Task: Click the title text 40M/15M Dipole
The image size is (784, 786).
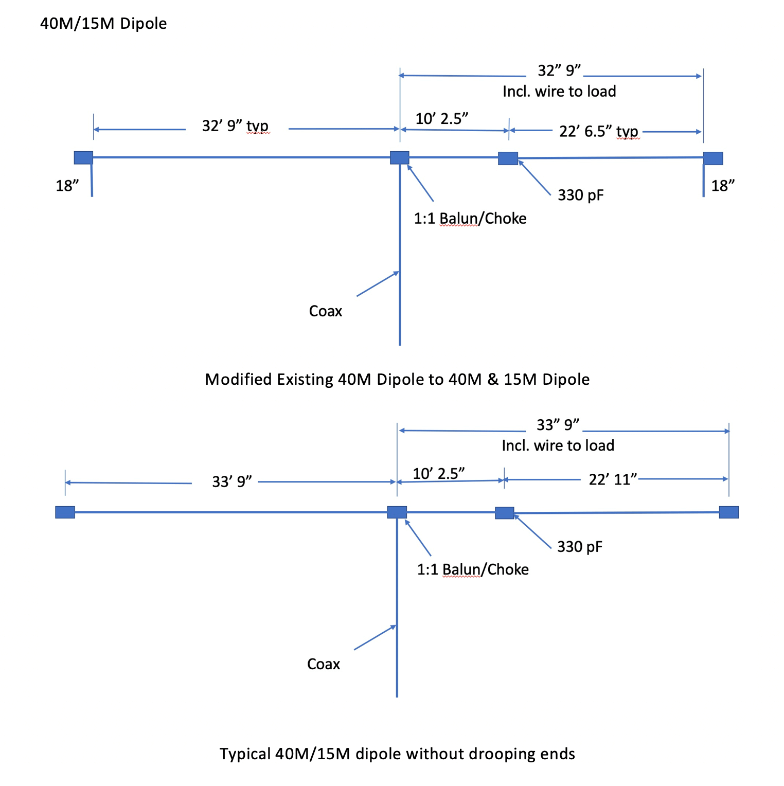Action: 103,24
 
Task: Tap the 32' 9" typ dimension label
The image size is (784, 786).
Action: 235,126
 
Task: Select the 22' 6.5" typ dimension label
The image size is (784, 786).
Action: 598,132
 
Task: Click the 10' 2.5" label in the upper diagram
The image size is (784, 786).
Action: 441,119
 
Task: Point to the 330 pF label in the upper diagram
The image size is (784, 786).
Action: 580,195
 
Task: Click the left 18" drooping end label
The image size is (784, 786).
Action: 67,186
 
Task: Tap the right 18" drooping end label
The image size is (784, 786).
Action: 723,186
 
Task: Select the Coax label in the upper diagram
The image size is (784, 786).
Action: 325,311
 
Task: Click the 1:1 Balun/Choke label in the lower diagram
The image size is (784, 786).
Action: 473,569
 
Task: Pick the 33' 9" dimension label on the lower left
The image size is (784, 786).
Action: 232,481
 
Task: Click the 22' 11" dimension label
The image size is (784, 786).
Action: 613,479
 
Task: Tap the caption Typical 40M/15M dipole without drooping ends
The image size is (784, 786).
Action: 397,754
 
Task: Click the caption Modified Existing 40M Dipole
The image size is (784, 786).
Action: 397,380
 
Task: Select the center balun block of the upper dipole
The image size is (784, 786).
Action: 400,157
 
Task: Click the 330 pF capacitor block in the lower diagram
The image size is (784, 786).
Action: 505,513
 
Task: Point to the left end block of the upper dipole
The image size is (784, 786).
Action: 83,157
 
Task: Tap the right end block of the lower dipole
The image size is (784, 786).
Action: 728,512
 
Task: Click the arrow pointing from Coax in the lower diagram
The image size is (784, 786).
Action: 375,637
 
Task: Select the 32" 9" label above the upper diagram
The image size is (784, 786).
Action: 559,70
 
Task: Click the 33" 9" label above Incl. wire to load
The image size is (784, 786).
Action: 558,425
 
